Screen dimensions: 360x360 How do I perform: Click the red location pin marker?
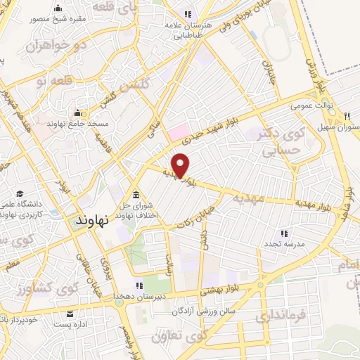[181, 165]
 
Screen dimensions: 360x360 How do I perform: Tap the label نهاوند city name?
[92, 221]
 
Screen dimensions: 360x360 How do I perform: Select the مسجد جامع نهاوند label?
[67, 123]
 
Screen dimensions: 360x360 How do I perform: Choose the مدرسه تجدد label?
[284, 243]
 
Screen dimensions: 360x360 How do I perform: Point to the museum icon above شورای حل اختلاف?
[135, 195]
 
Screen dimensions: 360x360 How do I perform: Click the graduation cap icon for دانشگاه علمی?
[20, 193]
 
